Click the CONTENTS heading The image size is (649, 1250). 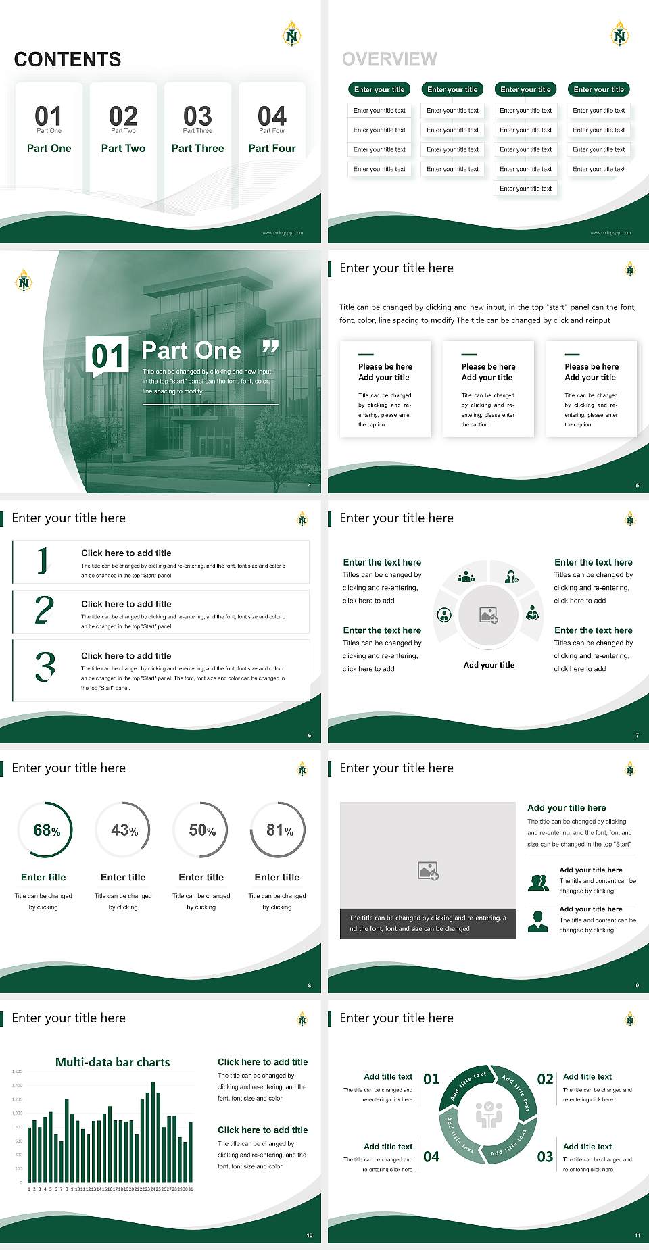68,59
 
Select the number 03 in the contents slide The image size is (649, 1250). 197,116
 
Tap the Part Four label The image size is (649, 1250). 272,148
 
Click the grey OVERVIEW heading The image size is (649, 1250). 389,59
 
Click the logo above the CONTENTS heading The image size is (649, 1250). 291,34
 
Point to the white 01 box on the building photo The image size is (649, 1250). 108,355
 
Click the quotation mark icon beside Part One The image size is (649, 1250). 270,347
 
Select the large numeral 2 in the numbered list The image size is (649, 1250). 45,609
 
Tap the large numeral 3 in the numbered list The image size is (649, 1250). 45,666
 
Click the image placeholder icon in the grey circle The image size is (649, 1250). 489,615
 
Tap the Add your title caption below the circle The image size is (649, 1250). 489,665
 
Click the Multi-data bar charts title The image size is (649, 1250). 113,1062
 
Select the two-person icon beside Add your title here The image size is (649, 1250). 538,882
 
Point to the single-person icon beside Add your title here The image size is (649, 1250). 537,922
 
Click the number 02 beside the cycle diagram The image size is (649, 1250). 545,1079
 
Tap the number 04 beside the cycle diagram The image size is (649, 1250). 431,1157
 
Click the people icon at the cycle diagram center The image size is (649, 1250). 489,1114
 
